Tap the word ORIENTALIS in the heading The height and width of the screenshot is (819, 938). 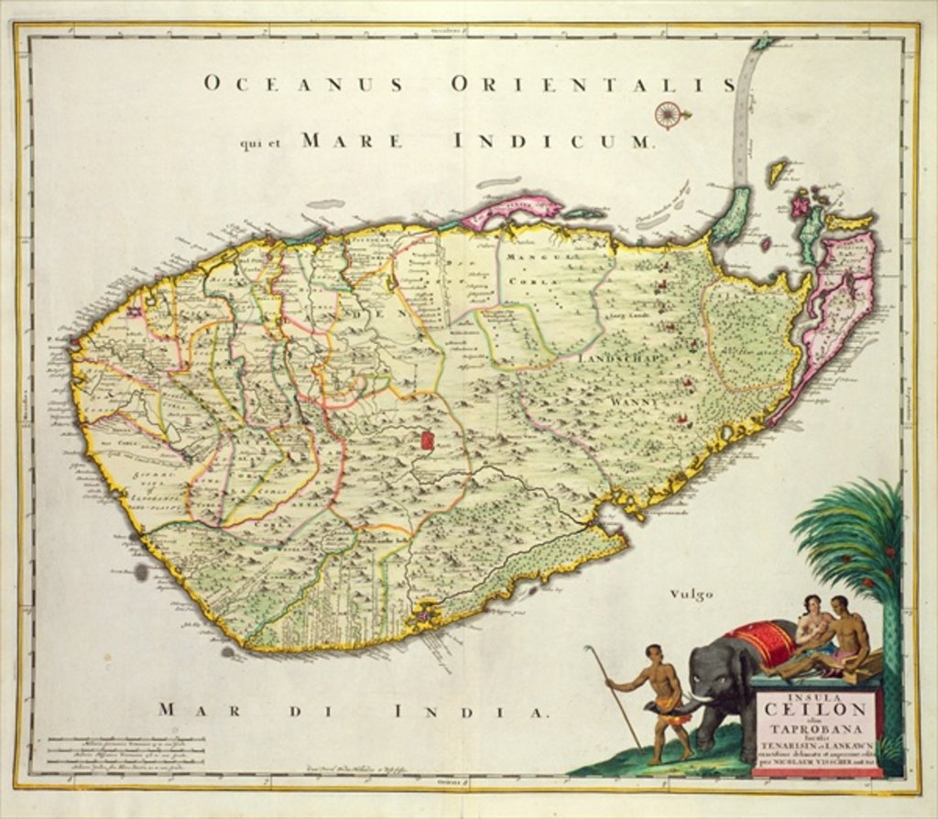(593, 85)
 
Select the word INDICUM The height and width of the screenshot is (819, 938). (553, 142)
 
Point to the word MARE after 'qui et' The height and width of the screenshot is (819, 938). (352, 142)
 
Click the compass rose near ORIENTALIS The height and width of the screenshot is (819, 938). (669, 114)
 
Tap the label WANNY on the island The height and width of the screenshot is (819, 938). (632, 401)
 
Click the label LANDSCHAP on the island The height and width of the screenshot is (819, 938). (620, 359)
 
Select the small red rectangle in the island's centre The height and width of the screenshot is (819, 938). (426, 440)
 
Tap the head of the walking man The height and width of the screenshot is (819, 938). (653, 653)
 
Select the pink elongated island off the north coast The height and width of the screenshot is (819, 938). (510, 209)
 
